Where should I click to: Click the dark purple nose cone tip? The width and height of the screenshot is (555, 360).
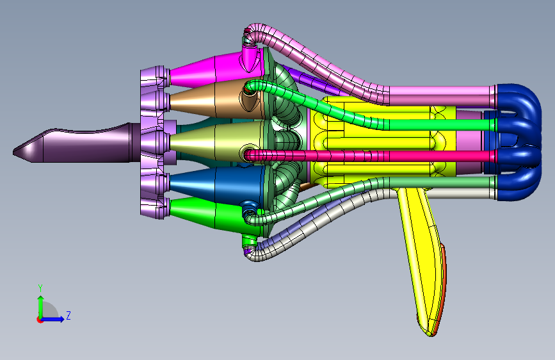pos(13,152)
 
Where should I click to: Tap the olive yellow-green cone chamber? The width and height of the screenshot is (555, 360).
pos(216,141)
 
